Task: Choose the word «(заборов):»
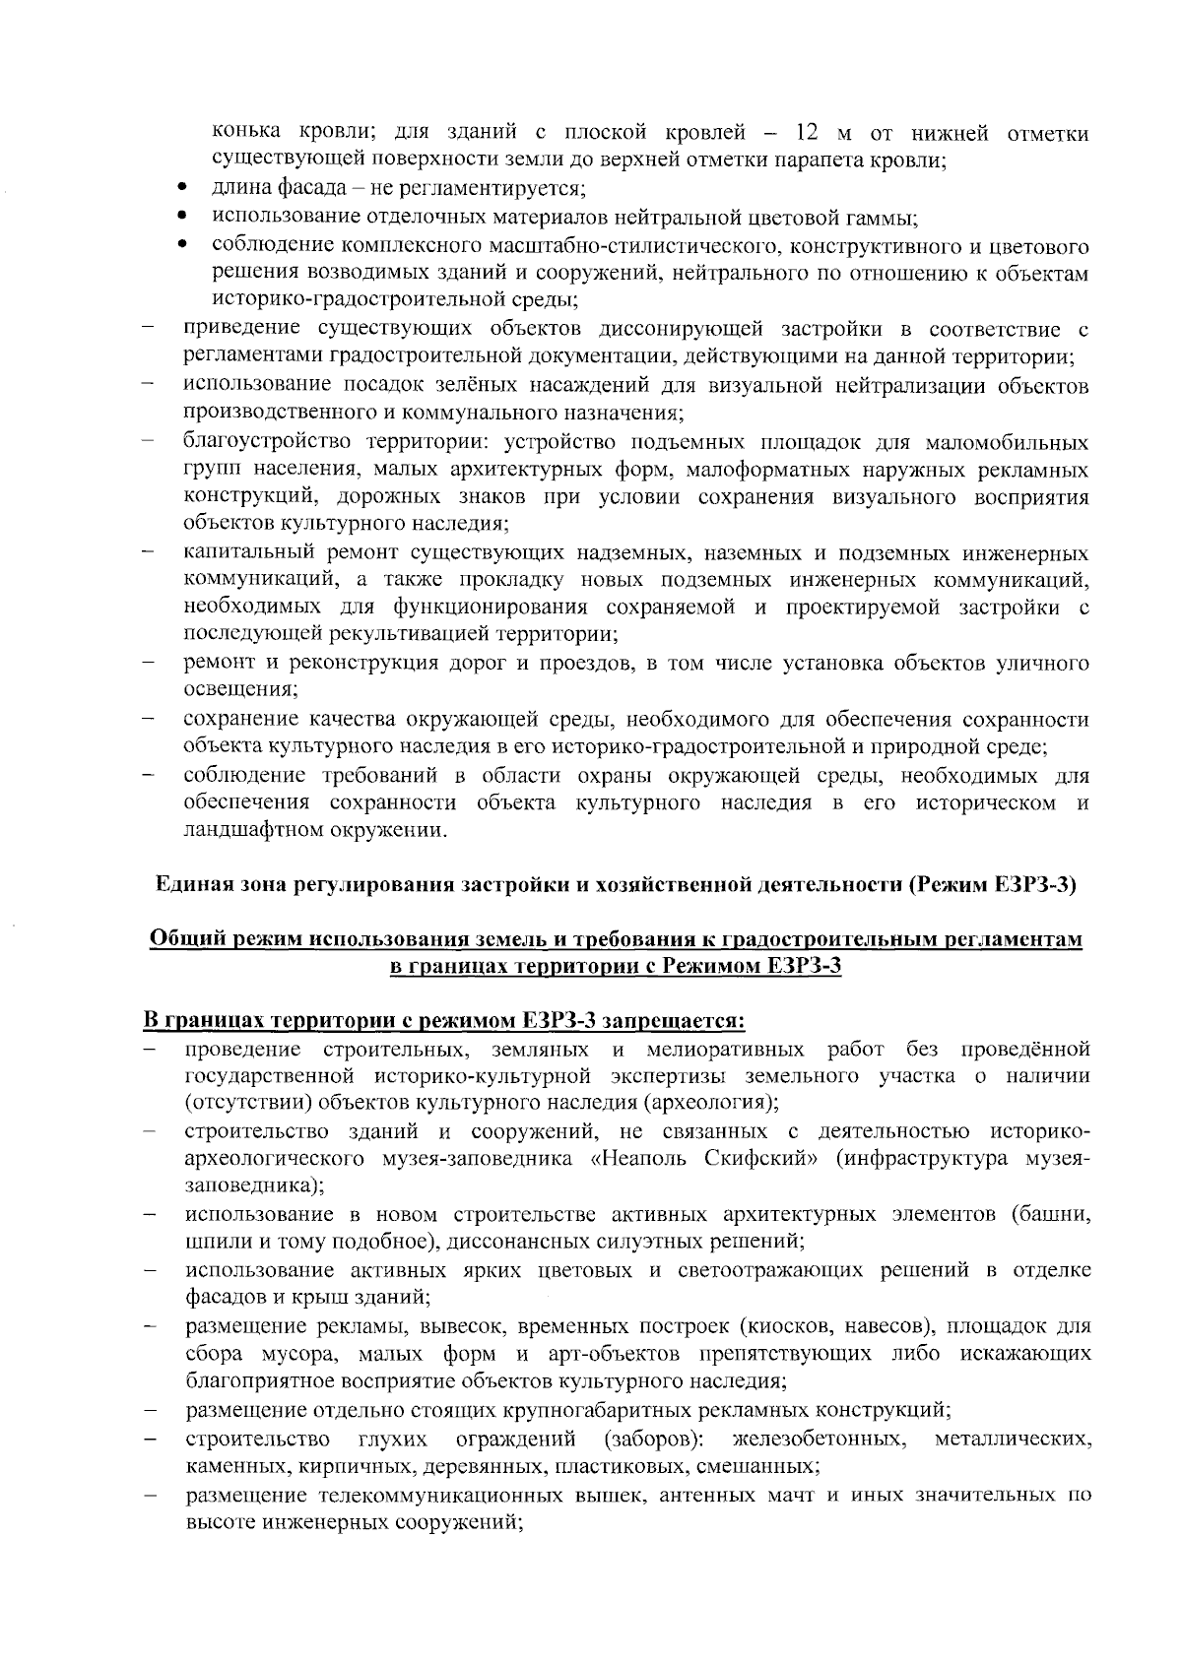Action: [x=653, y=1440]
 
